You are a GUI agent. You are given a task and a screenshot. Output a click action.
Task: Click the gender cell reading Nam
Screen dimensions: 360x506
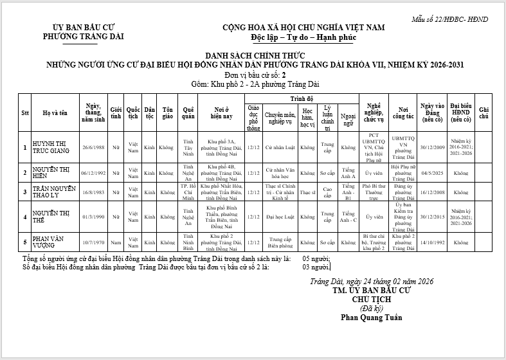pos(116,242)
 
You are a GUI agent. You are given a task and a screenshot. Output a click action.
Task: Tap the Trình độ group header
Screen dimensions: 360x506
pos(301,98)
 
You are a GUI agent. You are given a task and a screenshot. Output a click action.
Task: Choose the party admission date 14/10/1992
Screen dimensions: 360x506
pos(431,242)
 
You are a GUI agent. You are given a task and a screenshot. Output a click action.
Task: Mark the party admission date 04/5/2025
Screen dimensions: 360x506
pos(431,173)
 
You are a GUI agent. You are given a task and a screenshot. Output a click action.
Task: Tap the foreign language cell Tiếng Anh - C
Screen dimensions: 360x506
pos(348,217)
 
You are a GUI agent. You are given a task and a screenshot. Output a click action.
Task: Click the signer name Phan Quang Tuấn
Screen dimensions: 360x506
pos(367,317)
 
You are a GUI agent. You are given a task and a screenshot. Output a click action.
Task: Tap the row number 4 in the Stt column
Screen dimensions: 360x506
pos(24,217)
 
